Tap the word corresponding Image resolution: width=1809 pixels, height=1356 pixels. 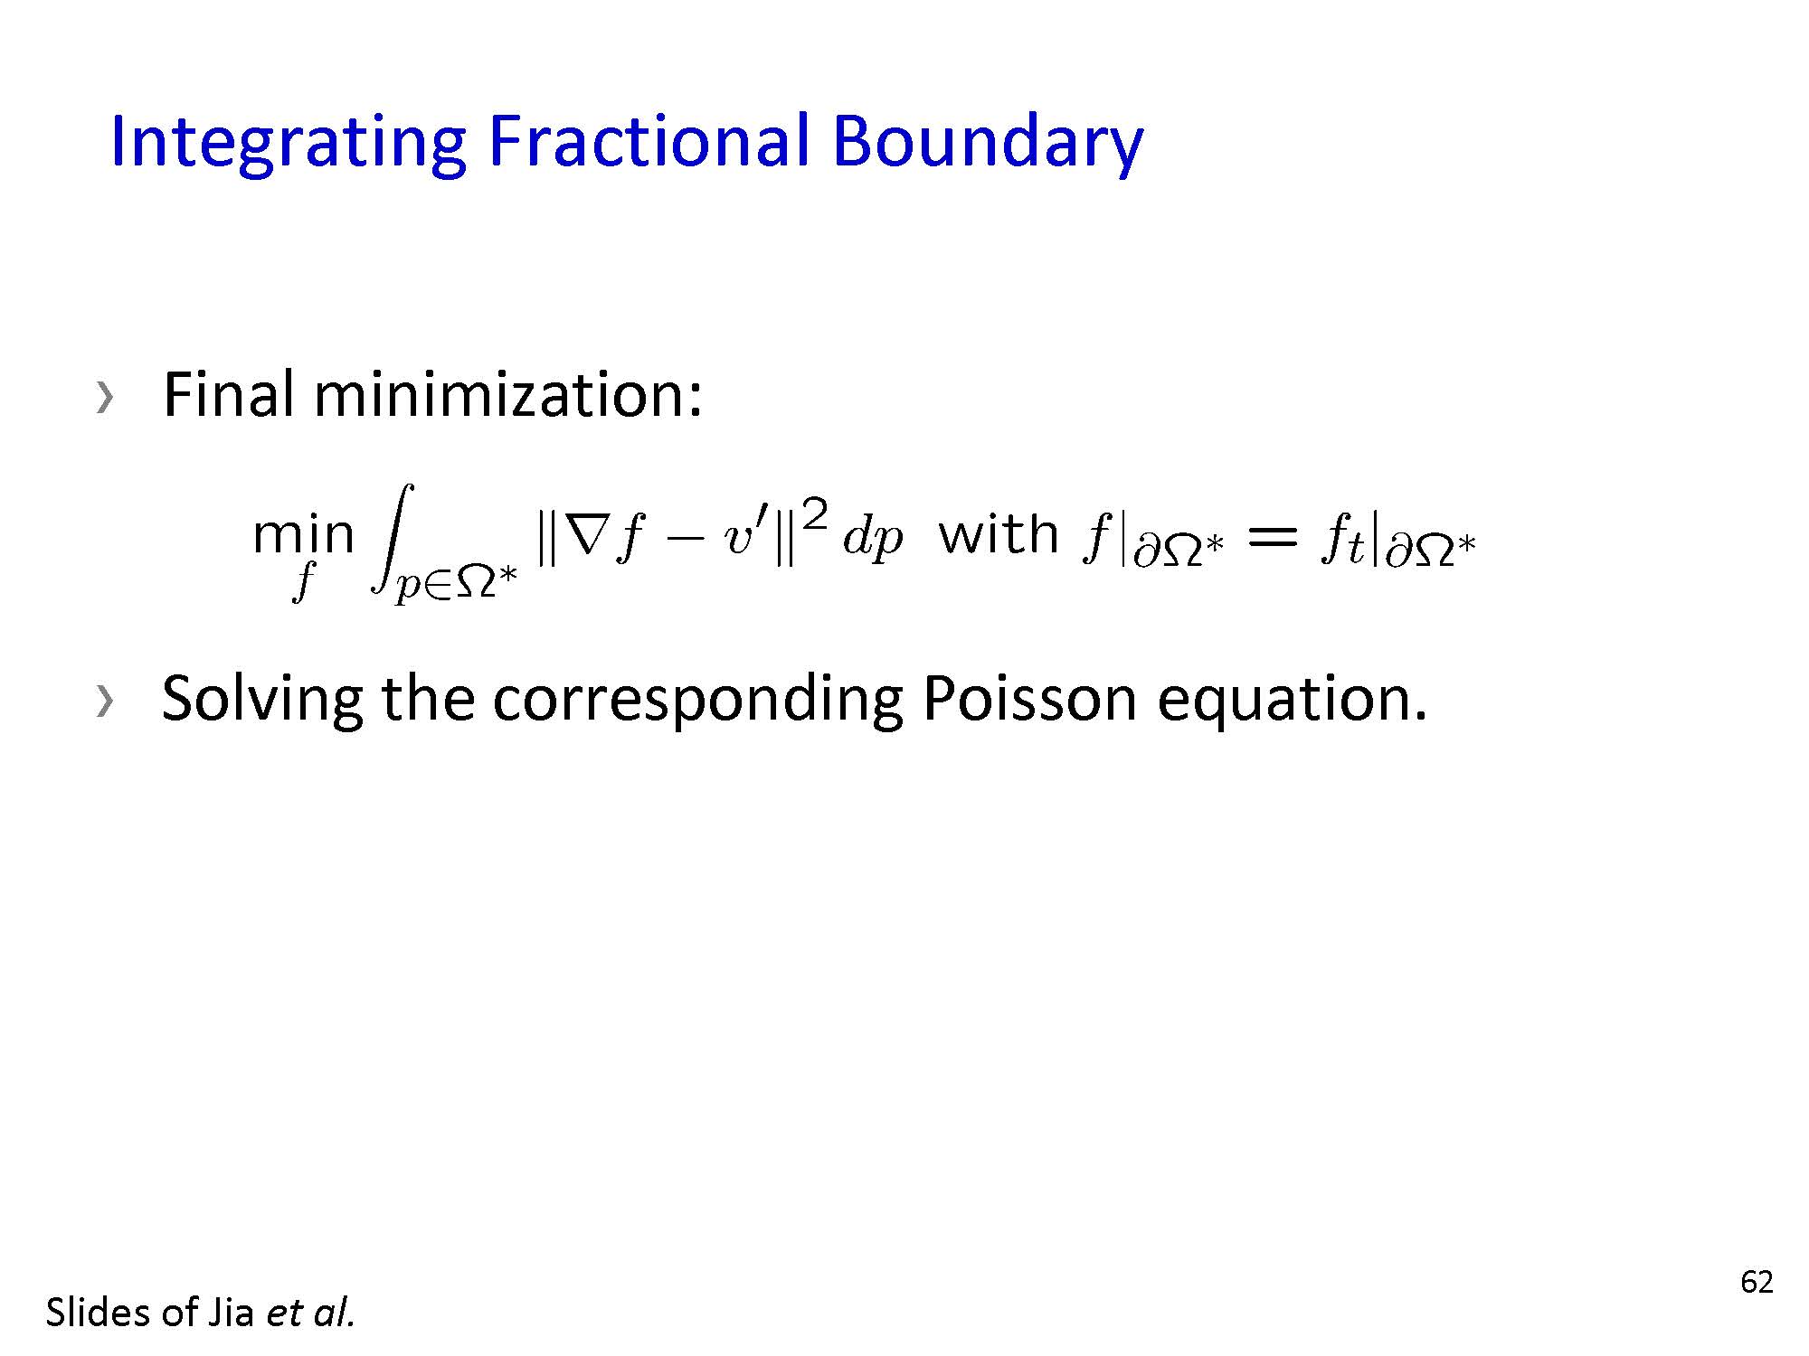[x=696, y=701]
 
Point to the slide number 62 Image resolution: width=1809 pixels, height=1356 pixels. [x=1757, y=1282]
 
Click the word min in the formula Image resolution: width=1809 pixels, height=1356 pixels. [x=303, y=534]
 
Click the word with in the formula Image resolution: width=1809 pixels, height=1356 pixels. [x=999, y=533]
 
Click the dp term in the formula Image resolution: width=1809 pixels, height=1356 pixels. [x=873, y=541]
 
